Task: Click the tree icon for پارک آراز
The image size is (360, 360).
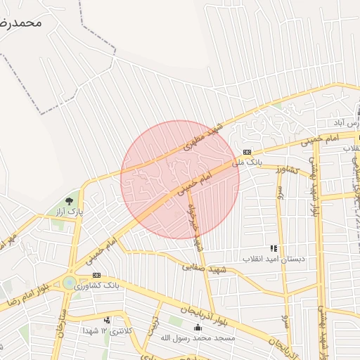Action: click(68, 201)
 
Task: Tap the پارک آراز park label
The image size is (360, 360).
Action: click(69, 211)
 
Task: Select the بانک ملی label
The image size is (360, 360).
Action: click(247, 162)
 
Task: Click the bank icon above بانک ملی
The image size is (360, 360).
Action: click(247, 152)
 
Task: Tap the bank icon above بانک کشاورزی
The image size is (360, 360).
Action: click(96, 275)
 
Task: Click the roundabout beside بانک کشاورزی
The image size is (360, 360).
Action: click(70, 283)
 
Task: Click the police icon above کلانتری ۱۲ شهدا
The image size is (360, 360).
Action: click(107, 321)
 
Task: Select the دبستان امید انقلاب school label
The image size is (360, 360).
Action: click(274, 259)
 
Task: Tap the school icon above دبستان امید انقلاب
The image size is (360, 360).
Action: click(274, 248)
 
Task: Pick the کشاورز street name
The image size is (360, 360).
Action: click(288, 169)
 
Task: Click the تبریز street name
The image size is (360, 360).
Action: click(152, 326)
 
